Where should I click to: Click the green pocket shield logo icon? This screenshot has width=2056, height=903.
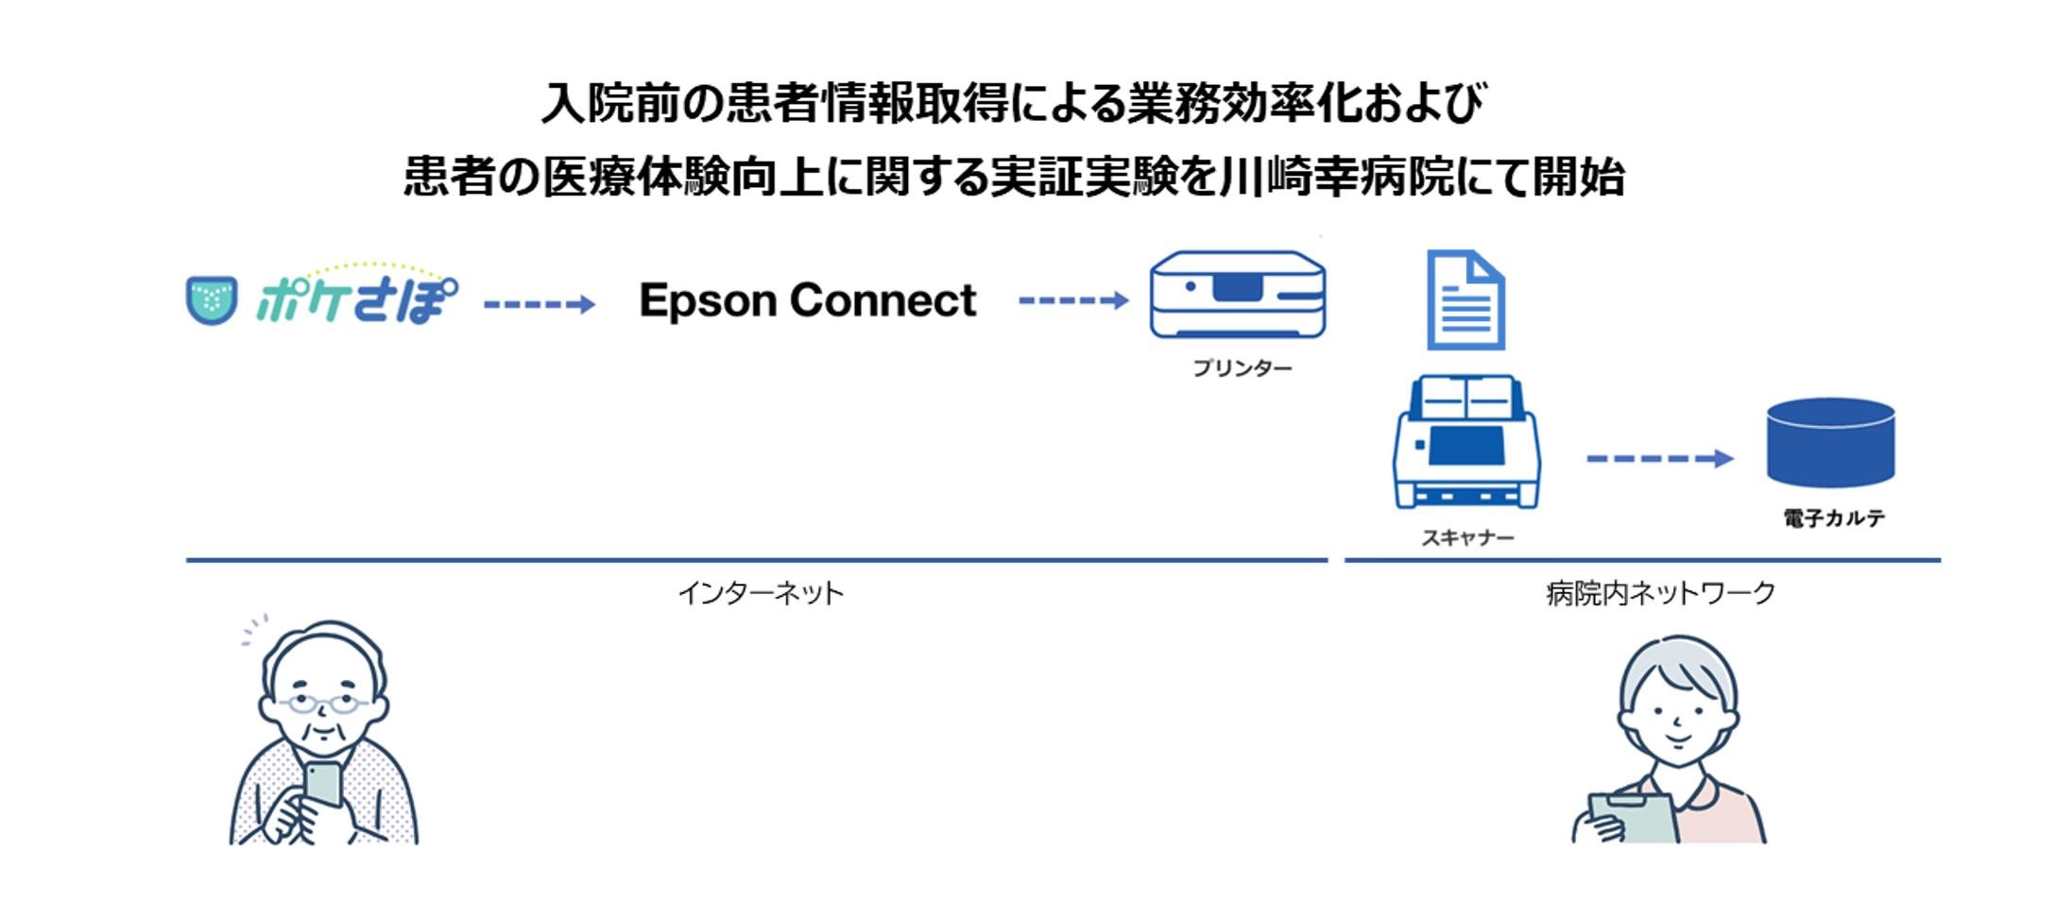(212, 299)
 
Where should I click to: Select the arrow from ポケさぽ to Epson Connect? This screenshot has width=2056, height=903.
(540, 304)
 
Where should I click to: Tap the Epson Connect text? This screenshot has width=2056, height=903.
(808, 300)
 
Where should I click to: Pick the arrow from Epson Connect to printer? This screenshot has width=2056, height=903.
(1073, 301)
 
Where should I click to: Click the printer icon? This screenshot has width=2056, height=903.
(1237, 295)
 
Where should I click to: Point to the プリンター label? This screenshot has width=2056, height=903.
(1242, 368)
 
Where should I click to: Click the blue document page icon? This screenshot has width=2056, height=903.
(1465, 300)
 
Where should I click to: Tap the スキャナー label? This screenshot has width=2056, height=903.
(1467, 537)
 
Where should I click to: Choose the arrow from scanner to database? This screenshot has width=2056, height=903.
(1659, 459)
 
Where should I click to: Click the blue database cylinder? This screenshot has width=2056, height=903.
(1830, 442)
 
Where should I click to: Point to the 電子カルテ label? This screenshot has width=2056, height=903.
(1833, 518)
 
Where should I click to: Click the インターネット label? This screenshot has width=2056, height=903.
(761, 593)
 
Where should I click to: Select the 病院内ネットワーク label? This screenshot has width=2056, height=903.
(1660, 593)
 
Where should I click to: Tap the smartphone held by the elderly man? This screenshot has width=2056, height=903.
(323, 783)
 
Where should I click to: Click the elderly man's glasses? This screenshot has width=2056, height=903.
(322, 704)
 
